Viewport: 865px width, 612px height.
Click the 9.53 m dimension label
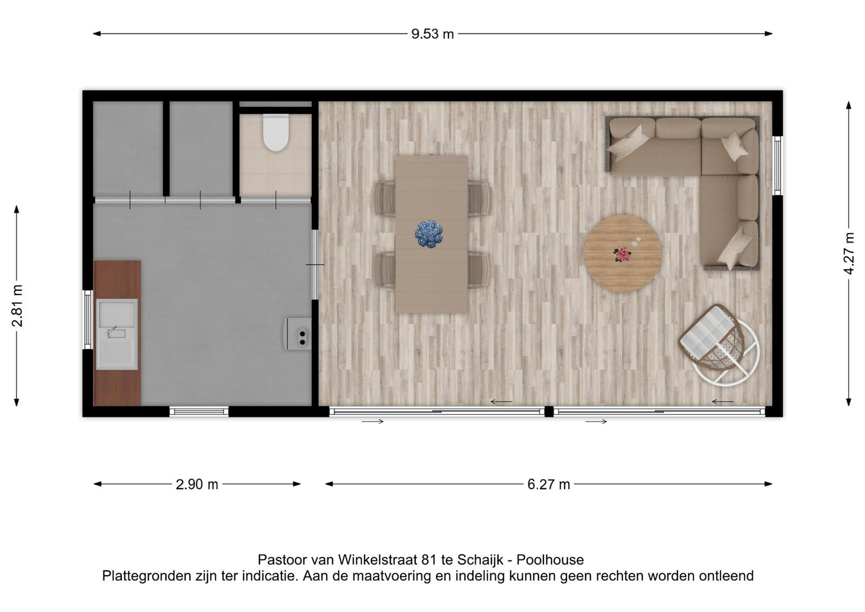[432, 34]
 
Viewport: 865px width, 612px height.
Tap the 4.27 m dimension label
[848, 254]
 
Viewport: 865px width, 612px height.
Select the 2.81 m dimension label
[17, 306]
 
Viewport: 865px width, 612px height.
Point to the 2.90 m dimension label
[197, 484]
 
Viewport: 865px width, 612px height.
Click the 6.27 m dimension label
[549, 484]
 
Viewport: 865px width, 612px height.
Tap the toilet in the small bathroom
[276, 132]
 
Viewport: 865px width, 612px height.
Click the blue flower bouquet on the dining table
[429, 234]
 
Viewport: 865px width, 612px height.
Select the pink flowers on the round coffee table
[622, 255]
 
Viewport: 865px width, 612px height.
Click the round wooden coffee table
[622, 253]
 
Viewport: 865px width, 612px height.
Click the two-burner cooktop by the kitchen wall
[298, 334]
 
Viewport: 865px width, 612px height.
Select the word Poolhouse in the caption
[550, 560]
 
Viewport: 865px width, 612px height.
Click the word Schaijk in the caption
[481, 560]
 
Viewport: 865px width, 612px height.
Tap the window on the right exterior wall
[777, 166]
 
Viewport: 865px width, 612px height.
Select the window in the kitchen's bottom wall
[199, 411]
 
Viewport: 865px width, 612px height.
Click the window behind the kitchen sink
[88, 319]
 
